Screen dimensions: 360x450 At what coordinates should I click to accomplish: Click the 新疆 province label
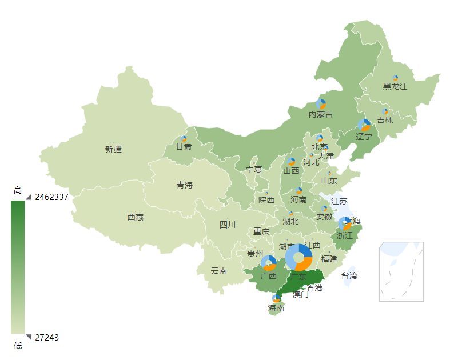pos(113,149)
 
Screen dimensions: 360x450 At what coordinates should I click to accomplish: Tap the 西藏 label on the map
pos(135,217)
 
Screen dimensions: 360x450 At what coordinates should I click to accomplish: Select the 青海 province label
pos(184,185)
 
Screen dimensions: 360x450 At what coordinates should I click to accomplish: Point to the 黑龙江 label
pos(395,86)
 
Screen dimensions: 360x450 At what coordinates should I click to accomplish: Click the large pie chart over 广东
pos(298,258)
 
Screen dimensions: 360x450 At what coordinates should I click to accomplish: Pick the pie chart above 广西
pos(268,263)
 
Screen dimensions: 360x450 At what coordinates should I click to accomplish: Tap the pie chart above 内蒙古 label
pos(321,104)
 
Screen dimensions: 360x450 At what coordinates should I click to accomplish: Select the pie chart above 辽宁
pos(364,125)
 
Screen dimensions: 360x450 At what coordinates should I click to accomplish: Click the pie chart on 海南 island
pos(277,298)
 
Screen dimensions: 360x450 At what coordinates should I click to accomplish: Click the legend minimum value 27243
pos(47,337)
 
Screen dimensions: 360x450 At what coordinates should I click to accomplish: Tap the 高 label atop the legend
pos(18,190)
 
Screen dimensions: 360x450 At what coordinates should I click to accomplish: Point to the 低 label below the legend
pos(18,345)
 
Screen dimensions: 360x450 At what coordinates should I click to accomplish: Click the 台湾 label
pos(349,275)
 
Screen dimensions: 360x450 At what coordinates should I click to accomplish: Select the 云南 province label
pos(218,271)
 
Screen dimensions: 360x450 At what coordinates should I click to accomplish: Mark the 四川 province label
pos(228,225)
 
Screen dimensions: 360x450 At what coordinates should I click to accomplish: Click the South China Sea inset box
pos(401,271)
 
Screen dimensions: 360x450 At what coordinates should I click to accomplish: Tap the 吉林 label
pos(385,121)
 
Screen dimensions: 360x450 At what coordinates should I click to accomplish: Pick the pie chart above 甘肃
pos(184,139)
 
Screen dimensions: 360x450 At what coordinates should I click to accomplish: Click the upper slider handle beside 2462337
pos(29,197)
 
